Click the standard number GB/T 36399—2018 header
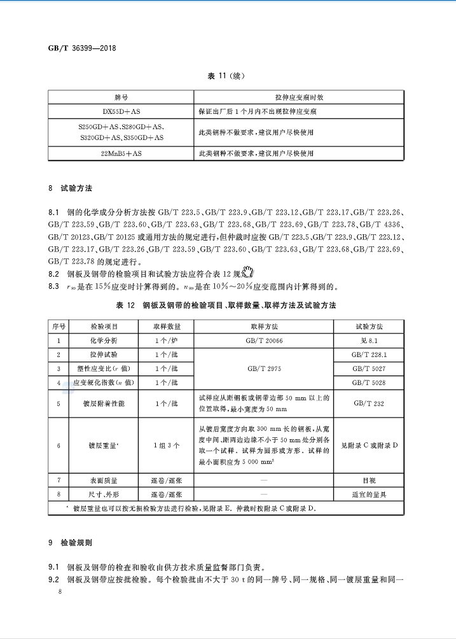81,48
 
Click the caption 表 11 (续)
227,76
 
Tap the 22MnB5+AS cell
121,153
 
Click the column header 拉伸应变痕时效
299,97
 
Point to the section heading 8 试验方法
71,189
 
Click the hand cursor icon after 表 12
248,272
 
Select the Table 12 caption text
226,305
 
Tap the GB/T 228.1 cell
369,355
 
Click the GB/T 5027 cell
369,369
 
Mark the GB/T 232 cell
369,403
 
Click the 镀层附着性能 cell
103,404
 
